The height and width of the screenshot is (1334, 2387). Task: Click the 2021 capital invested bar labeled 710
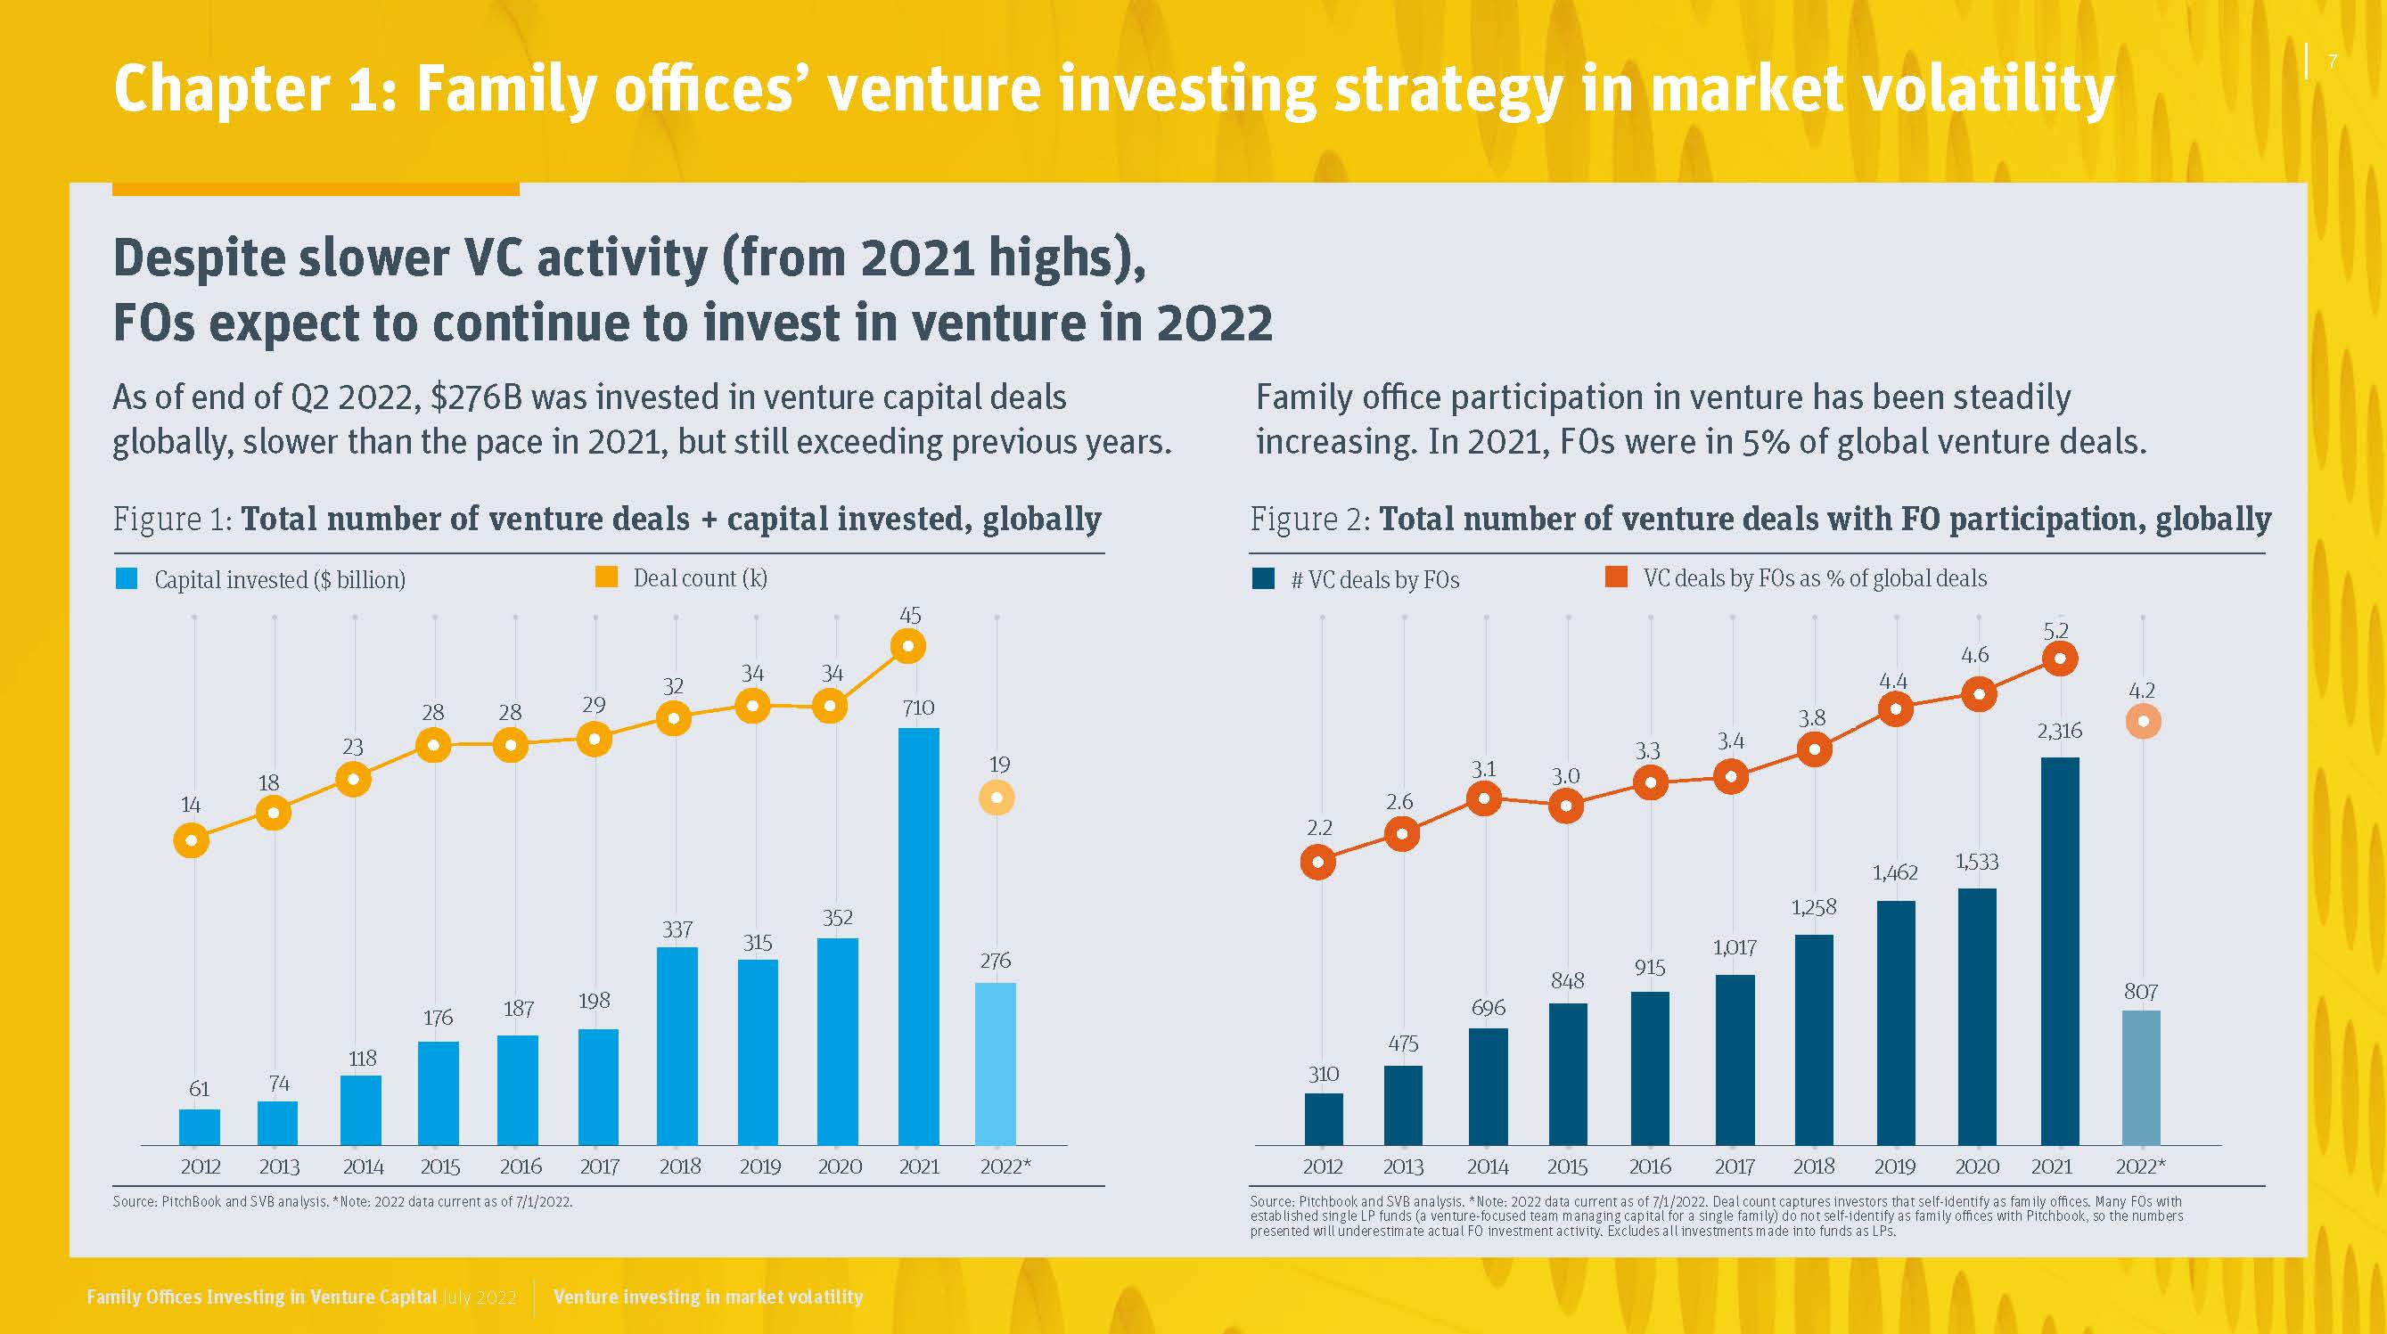918,936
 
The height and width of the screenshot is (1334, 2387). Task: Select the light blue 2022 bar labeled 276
996,1063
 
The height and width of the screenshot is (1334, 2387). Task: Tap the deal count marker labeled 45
908,646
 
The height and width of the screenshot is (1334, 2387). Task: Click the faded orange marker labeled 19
997,798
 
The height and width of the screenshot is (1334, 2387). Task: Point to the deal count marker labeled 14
191,841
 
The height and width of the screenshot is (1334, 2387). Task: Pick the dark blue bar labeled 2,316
2059,951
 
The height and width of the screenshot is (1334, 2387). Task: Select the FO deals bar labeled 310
1323,1119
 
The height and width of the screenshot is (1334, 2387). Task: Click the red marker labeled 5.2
2059,659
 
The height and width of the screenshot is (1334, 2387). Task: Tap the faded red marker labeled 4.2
2143,721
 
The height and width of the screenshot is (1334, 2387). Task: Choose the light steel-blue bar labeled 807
2140,1077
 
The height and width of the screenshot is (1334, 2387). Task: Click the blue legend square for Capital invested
126,579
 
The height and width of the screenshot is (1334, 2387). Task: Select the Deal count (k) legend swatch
606,577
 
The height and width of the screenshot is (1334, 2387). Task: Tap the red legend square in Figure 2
1615,577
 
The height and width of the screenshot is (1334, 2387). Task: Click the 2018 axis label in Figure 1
679,1166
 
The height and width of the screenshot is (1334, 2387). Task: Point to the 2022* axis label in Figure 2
2140,1166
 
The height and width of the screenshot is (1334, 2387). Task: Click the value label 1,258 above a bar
1813,908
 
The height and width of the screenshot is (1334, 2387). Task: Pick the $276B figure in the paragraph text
476,397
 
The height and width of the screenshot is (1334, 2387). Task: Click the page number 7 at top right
2333,62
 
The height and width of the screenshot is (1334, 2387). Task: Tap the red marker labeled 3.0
1566,806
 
